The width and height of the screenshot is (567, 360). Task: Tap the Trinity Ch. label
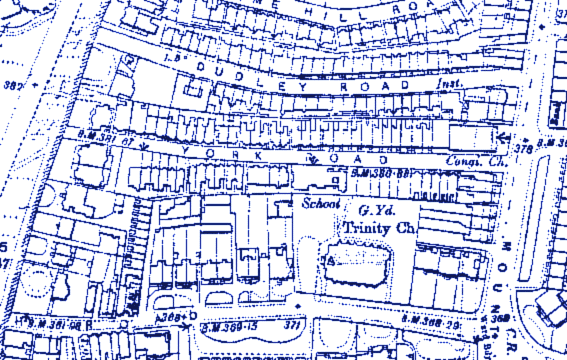[x=377, y=229]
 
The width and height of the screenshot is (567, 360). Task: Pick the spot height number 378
[x=522, y=147]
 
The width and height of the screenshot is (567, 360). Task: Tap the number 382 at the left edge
[x=13, y=85]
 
